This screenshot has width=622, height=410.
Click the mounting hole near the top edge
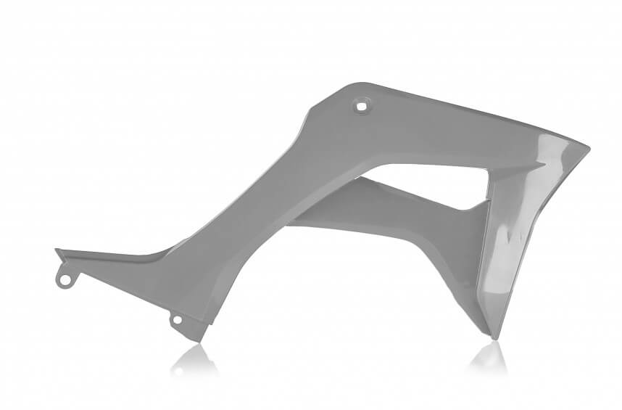(x=361, y=106)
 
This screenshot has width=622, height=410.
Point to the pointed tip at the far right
(x=588, y=149)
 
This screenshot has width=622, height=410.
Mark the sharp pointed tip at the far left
(x=57, y=250)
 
